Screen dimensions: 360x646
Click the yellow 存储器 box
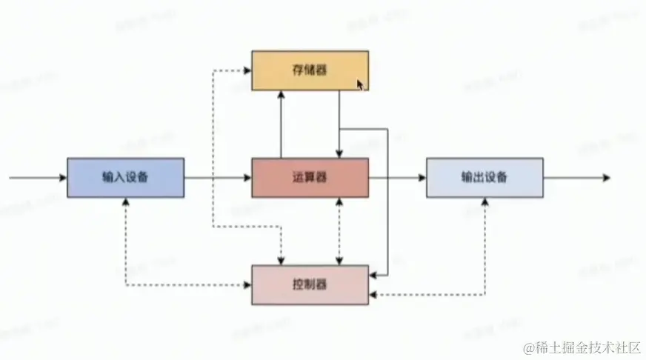click(310, 70)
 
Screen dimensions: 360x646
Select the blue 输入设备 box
click(125, 178)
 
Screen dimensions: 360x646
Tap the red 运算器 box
click(310, 178)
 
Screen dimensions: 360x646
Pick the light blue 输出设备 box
click(484, 178)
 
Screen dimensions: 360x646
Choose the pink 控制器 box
click(310, 284)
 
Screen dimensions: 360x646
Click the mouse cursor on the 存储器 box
click(360, 85)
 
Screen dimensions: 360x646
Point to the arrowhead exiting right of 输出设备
click(605, 178)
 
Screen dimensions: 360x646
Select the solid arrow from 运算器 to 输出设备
click(397, 178)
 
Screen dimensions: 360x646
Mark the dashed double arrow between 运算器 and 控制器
click(339, 230)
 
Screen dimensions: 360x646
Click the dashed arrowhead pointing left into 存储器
click(247, 71)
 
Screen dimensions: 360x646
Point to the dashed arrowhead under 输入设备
click(127, 202)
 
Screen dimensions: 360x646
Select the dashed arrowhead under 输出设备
click(486, 202)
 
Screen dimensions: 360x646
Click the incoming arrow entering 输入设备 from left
click(37, 178)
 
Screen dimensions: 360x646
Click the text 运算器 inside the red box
click(310, 178)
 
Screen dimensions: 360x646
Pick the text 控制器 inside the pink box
click(310, 284)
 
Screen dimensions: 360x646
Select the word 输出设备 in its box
click(484, 178)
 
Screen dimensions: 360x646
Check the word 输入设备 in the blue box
click(125, 178)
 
